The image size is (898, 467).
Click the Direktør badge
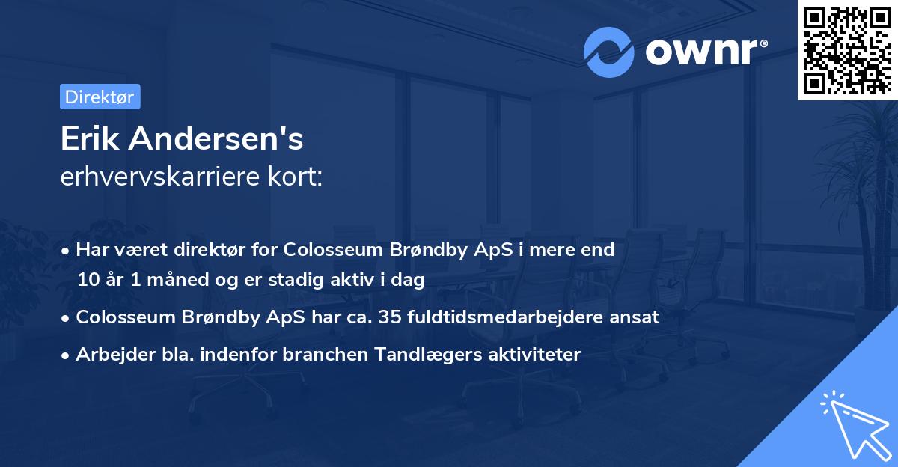[100, 97]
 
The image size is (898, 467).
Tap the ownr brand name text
[703, 52]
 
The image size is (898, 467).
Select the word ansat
[636, 317]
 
